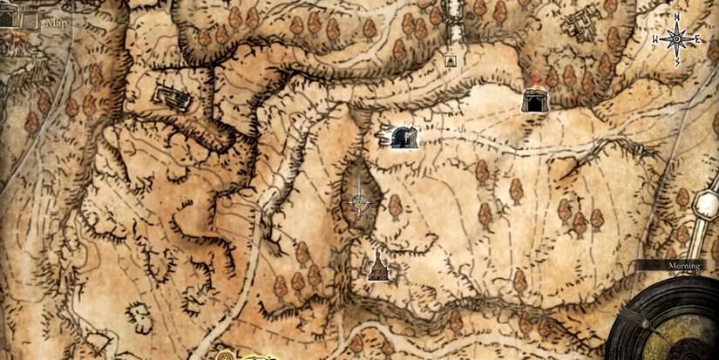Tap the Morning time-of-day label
[x=675, y=265]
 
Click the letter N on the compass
[x=676, y=17]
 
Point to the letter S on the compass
[x=676, y=62]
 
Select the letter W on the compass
[x=655, y=39]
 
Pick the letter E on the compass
[x=698, y=39]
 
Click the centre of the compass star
[x=676, y=39]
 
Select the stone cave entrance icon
[x=533, y=101]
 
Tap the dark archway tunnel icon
[x=402, y=137]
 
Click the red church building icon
[x=377, y=268]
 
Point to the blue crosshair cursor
[x=359, y=202]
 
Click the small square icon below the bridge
[x=451, y=60]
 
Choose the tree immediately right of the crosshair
[x=394, y=207]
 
